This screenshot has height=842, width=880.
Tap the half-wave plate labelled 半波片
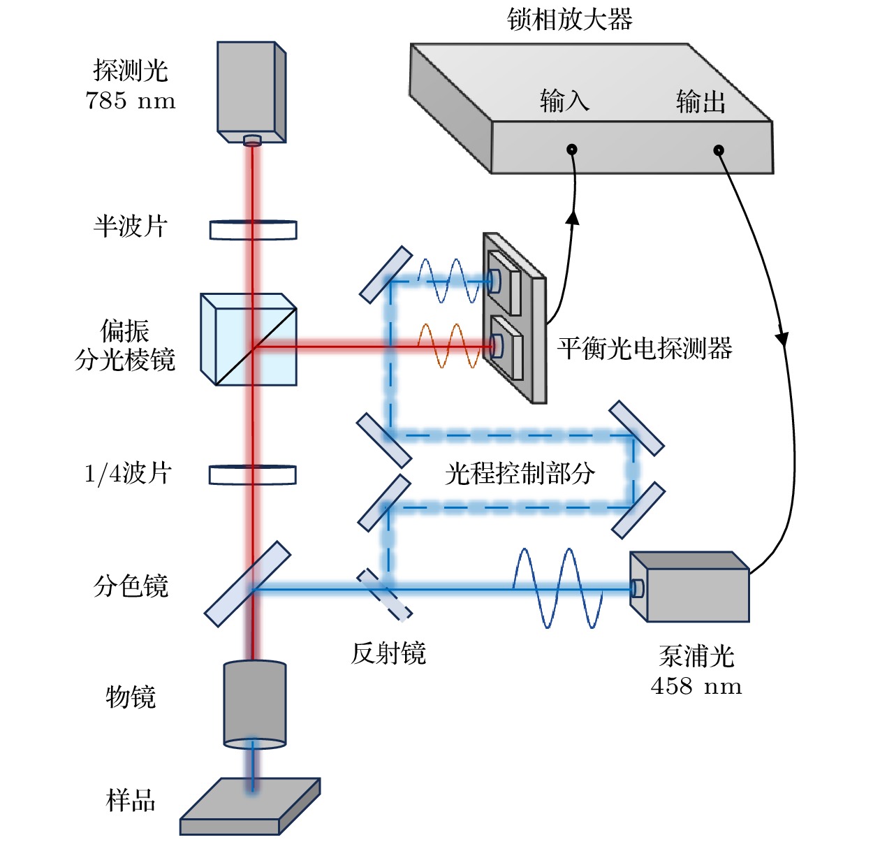[253, 229]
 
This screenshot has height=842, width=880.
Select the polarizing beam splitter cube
[249, 340]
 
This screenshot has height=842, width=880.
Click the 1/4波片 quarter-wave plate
[252, 474]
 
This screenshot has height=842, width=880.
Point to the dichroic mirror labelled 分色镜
[247, 583]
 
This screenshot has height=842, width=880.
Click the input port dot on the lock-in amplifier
[571, 149]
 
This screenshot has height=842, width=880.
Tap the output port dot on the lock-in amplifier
[718, 150]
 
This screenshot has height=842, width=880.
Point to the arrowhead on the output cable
[782, 338]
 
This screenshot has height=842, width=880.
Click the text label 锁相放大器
[569, 19]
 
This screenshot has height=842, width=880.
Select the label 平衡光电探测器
[644, 347]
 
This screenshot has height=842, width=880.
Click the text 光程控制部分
[520, 473]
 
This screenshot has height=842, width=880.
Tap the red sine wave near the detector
[451, 345]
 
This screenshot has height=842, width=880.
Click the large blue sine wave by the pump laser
[557, 588]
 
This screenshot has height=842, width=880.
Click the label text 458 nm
[696, 686]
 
